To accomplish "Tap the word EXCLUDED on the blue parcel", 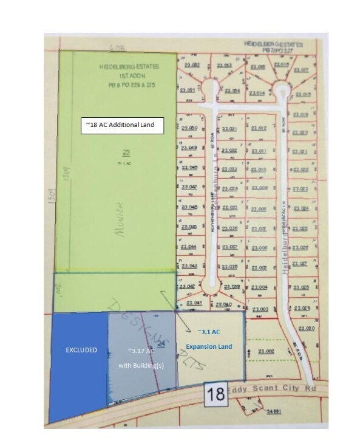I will pos(79,350).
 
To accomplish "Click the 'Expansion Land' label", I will pos(209,346).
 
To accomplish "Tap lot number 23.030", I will pos(305,329).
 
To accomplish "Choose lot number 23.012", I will pos(259,128).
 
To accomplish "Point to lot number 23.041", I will pos(194,302).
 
